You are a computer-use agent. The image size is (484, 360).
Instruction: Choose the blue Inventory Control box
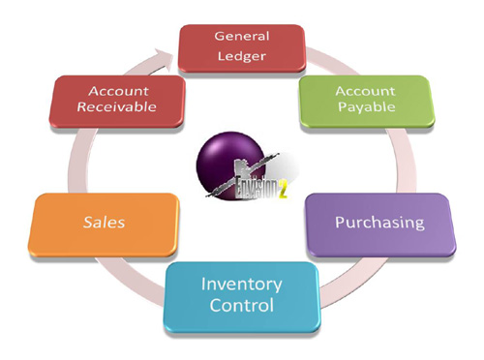[x=241, y=295]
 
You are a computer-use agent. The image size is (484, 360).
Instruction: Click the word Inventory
[x=241, y=285]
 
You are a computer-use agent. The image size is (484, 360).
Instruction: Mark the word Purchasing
[x=379, y=223]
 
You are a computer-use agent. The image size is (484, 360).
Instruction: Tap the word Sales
[x=105, y=224]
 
